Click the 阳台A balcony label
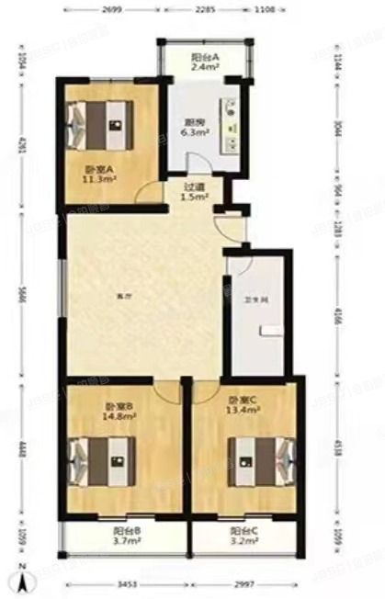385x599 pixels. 204,57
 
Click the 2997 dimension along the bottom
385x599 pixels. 243,584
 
